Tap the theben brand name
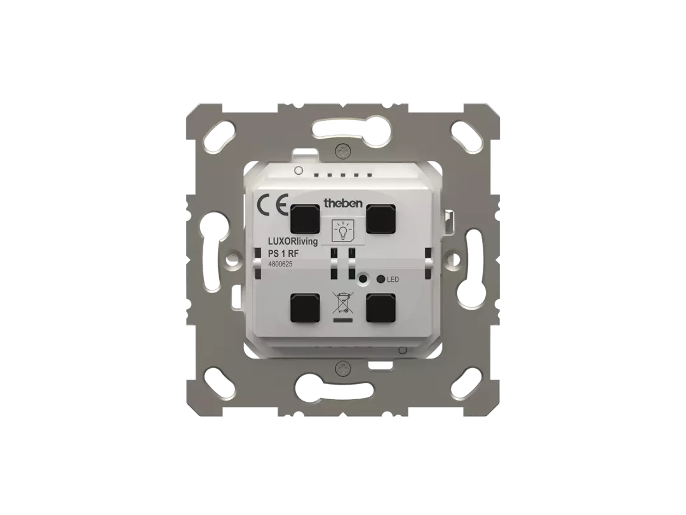pos(343,203)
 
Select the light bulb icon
pos(343,228)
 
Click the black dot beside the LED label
pos(380,279)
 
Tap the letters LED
pos(393,279)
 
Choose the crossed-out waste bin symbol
pos(343,302)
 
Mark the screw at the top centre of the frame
pos(344,151)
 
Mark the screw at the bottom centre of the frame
pos(344,367)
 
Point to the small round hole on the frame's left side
pos(236,259)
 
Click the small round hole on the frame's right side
pos(453,259)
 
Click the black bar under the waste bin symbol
pos(343,320)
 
